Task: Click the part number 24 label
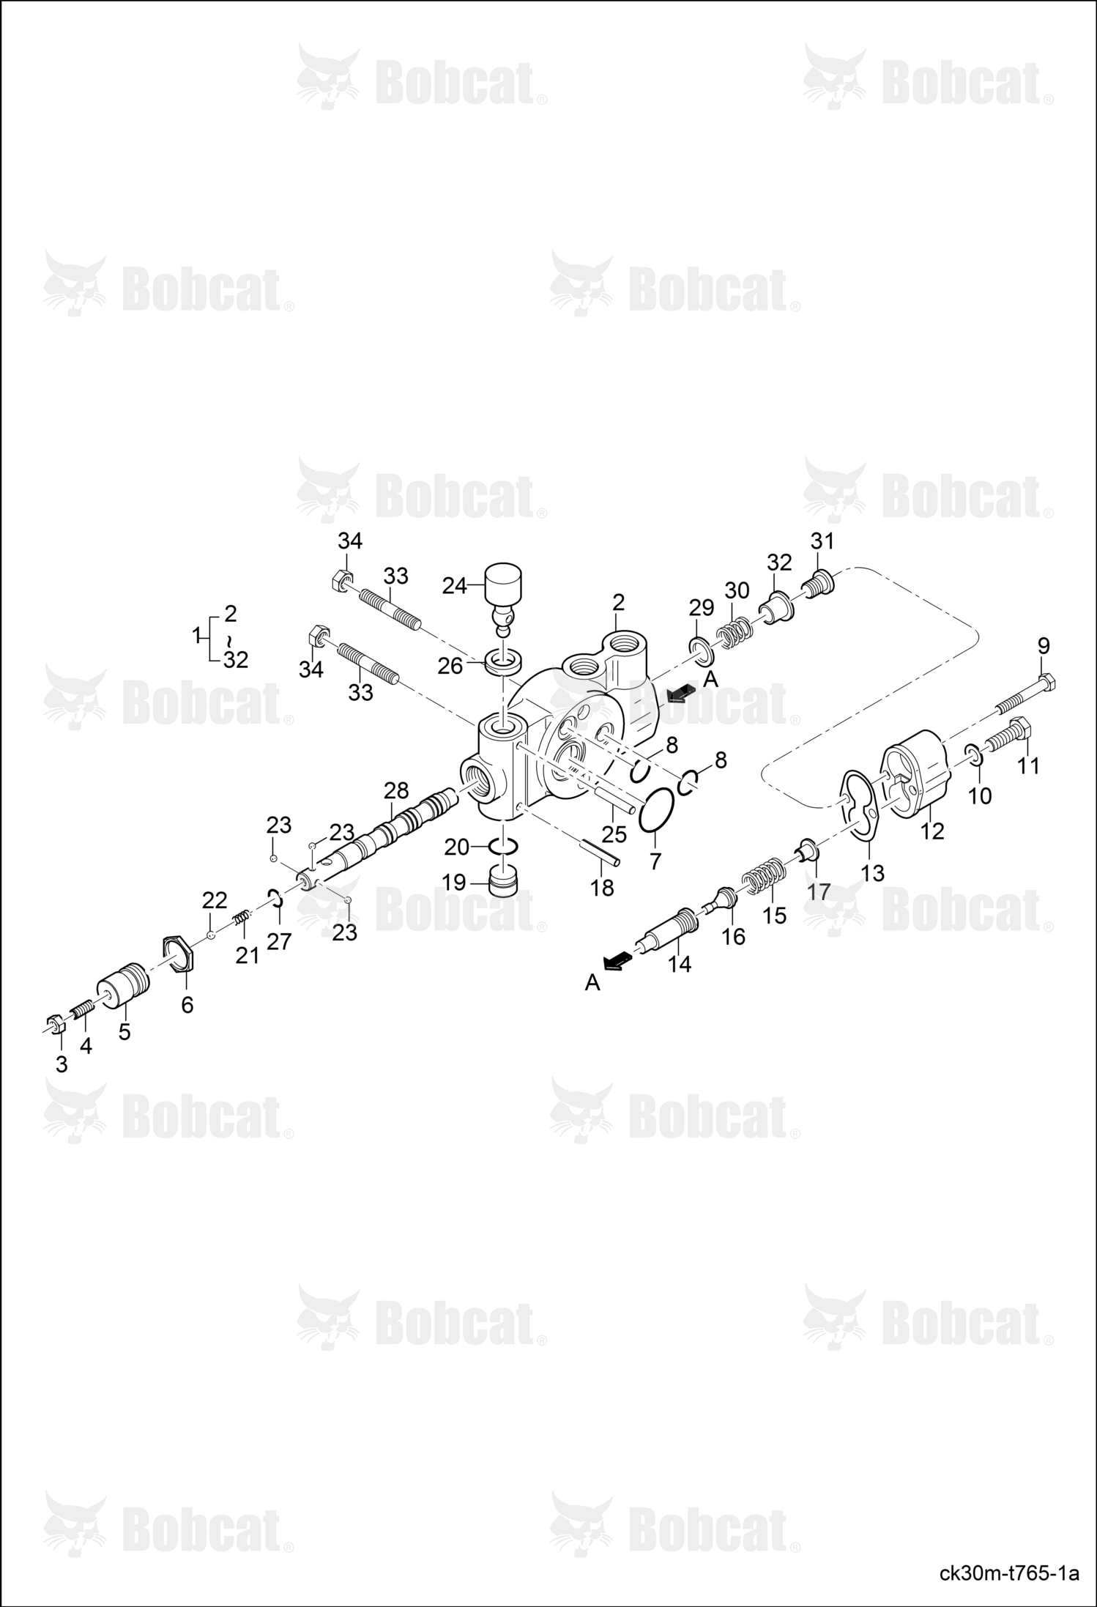click(455, 586)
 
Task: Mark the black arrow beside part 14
click(617, 960)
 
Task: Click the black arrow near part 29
click(682, 693)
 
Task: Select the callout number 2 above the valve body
click(619, 603)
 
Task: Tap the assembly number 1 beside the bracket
click(196, 637)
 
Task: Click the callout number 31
click(822, 541)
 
